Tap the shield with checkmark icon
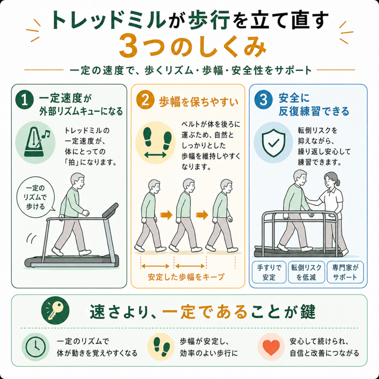click(x=274, y=143)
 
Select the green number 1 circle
click(x=24, y=100)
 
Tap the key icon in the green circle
click(x=56, y=311)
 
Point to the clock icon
click(x=36, y=347)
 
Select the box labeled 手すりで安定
click(x=269, y=272)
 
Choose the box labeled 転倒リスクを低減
click(x=306, y=272)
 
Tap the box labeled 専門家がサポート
click(x=345, y=272)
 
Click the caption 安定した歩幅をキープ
click(x=186, y=277)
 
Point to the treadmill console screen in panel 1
click(x=110, y=210)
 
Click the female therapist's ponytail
click(x=338, y=181)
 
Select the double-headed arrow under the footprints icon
click(x=155, y=155)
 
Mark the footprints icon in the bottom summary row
click(x=161, y=347)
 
